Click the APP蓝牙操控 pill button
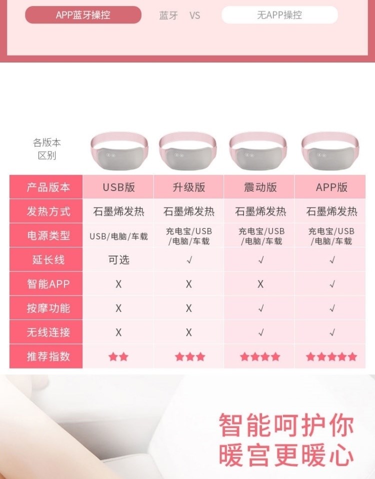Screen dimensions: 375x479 (x=83, y=15)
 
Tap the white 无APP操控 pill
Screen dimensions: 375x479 (x=279, y=15)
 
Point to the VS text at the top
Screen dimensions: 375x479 (x=194, y=15)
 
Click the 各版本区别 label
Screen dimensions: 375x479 (x=46, y=149)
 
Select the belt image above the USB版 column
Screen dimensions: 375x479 (x=119, y=150)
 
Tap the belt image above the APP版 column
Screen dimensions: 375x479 (x=330, y=150)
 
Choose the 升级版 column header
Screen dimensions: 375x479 (x=188, y=187)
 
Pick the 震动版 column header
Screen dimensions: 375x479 (x=260, y=187)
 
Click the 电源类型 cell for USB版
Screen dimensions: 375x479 (x=118, y=236)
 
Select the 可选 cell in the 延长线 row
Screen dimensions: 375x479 (x=119, y=260)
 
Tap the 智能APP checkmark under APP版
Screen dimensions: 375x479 (x=332, y=284)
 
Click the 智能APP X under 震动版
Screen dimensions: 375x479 (x=260, y=284)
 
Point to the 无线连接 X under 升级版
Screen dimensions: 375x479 (x=188, y=332)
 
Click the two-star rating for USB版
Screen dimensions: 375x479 (x=118, y=356)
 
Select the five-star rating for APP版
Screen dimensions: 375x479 (x=331, y=356)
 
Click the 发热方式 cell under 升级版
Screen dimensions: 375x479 (x=188, y=211)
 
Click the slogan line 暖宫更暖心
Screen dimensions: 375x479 (x=286, y=455)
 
